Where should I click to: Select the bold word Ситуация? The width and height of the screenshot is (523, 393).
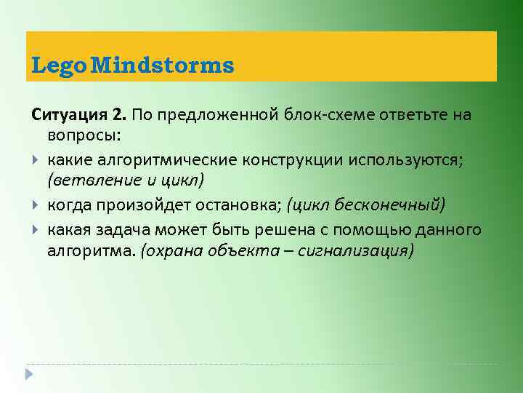[x=69, y=115]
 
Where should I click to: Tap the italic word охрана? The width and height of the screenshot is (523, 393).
[x=170, y=252]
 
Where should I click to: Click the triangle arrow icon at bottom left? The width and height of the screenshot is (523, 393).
[x=28, y=375]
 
